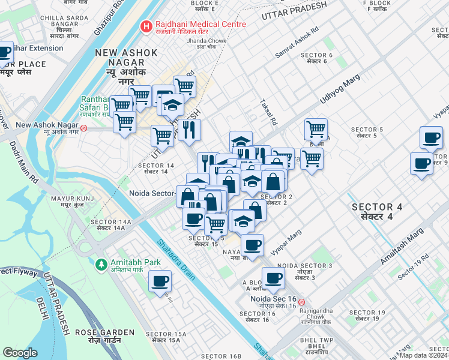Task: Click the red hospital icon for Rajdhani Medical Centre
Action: click(x=145, y=26)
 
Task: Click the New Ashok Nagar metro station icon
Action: click(x=85, y=128)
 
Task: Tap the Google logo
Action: click(x=20, y=352)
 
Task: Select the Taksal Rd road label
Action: click(x=268, y=112)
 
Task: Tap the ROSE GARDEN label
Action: click(x=104, y=332)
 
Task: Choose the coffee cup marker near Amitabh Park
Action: click(x=160, y=281)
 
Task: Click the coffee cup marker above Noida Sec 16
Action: click(x=273, y=278)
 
